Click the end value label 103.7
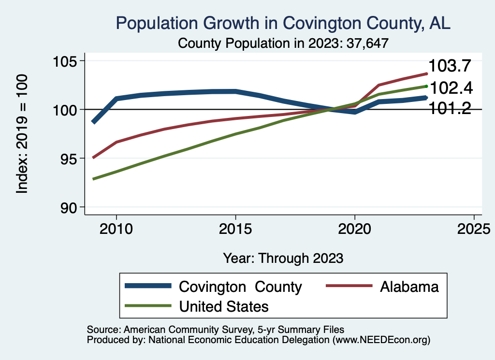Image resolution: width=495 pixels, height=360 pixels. (x=450, y=66)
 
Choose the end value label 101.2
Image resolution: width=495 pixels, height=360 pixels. (x=450, y=108)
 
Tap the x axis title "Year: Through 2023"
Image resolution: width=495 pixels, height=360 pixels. (x=283, y=258)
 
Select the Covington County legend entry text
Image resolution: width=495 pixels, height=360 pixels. (x=240, y=287)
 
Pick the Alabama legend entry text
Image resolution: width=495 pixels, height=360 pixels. (x=409, y=287)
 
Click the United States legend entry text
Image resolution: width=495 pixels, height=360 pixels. (x=223, y=306)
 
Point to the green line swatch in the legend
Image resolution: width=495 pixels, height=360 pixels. (x=148, y=306)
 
